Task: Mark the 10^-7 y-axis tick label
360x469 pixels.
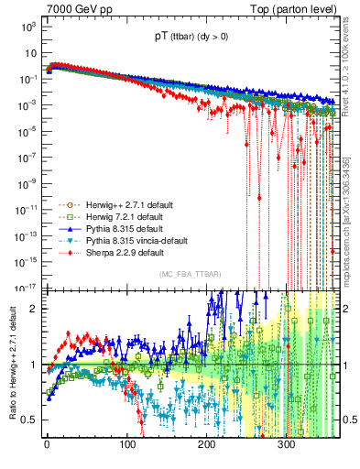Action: coord(27,157)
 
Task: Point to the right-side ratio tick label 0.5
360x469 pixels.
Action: coord(350,420)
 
